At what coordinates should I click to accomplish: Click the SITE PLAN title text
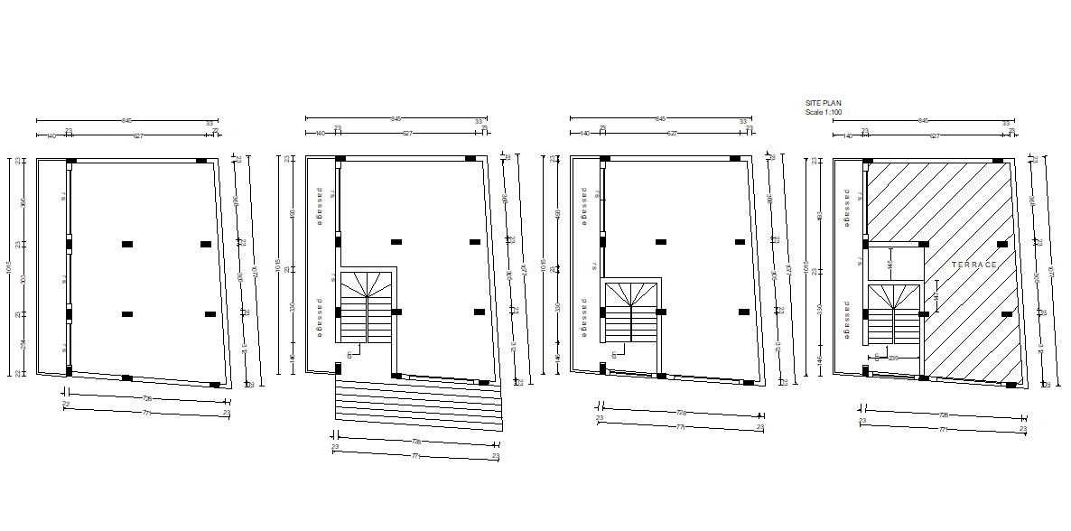coord(823,104)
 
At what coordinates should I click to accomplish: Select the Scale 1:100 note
coord(824,112)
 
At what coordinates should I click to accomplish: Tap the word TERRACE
coord(973,265)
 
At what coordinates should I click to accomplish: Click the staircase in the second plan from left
coord(367,306)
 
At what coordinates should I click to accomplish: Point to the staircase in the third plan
coord(633,312)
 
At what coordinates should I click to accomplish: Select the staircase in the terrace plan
coord(894,313)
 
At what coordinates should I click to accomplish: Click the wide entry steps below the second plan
coord(418,401)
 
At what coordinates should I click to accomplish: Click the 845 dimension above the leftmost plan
coord(126,119)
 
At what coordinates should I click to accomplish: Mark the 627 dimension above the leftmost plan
coord(138,135)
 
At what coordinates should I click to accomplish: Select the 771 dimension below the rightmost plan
coord(942,430)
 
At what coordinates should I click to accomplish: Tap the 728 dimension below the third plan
coord(680,414)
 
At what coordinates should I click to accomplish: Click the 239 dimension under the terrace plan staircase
coord(893,359)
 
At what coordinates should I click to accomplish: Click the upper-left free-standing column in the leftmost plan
coord(127,244)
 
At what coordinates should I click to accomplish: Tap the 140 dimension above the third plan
coord(586,134)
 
